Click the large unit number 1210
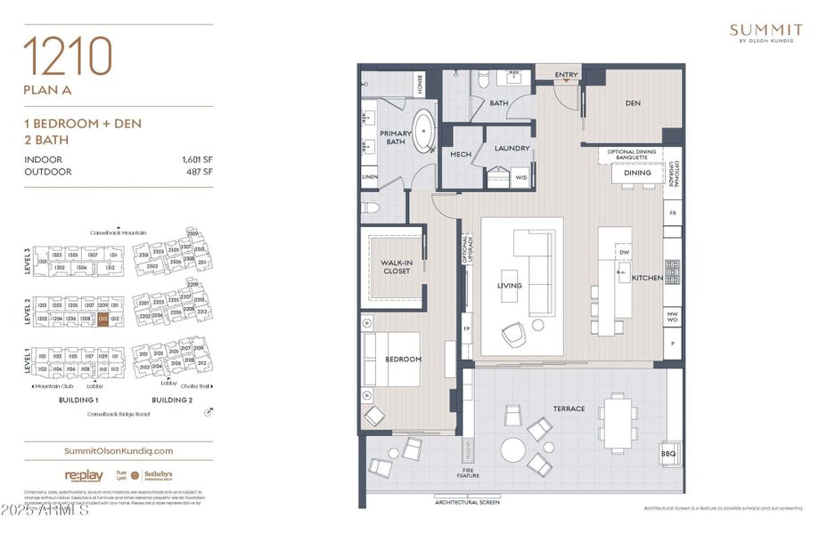point(68,58)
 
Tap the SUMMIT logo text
point(766,29)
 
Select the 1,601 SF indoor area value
point(196,159)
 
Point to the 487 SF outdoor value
point(200,172)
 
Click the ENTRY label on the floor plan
point(566,76)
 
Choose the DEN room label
point(633,103)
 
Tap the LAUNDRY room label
point(512,149)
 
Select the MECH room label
point(460,155)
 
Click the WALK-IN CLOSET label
point(396,266)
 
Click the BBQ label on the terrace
point(668,454)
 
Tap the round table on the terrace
point(512,449)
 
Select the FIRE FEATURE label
point(469,473)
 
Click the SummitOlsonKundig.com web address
point(107,451)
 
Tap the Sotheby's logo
point(158,475)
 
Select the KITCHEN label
point(647,279)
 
